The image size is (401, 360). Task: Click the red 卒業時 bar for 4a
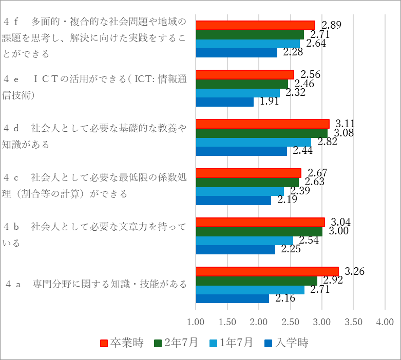267,271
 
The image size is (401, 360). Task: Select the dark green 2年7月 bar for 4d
261,133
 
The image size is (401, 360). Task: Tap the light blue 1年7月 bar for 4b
244,241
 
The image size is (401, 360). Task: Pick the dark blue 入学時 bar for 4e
225,102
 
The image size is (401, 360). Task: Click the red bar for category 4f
255,26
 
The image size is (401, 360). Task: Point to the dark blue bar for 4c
234,201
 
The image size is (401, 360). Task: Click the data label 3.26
354,271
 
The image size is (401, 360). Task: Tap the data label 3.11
345,124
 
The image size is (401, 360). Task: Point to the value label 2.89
332,25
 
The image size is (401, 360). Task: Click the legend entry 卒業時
122,343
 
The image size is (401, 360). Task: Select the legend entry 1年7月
233,343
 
